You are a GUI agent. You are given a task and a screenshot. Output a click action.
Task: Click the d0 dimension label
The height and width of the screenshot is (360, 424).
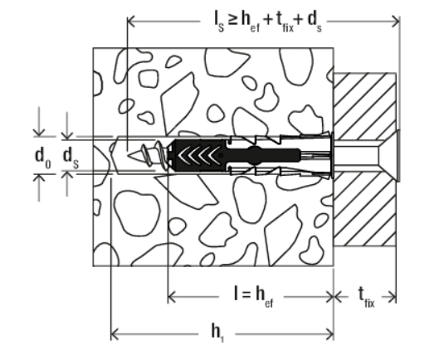43,157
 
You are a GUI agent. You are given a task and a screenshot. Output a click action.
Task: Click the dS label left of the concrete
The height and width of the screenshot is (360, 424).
71,157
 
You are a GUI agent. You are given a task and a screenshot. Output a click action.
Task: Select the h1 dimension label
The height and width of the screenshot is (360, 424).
217,333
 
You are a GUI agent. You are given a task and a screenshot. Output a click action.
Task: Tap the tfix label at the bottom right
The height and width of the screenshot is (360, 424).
366,297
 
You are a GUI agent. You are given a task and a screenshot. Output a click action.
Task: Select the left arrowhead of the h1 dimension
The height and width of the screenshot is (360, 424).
115,334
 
